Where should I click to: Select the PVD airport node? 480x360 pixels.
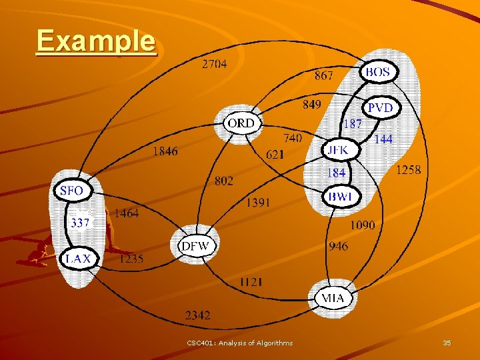click(381, 107)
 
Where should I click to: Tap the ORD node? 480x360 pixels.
click(241, 123)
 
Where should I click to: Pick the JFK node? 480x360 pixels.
click(338, 151)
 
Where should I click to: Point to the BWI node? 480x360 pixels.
click(341, 196)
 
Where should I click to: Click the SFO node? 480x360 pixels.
click(71, 191)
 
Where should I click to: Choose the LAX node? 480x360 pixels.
click(79, 259)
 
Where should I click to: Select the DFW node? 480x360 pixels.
click(195, 246)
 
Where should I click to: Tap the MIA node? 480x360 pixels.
click(333, 297)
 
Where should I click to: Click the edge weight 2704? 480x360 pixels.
click(214, 64)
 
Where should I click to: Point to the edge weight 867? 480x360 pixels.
click(324, 76)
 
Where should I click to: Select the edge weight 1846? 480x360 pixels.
click(165, 151)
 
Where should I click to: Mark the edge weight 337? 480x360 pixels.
click(80, 223)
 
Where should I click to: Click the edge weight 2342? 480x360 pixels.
click(197, 315)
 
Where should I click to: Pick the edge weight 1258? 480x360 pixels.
click(409, 170)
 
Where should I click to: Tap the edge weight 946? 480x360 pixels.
click(338, 246)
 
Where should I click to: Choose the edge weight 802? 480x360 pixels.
click(224, 180)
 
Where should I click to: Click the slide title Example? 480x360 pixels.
click(96, 41)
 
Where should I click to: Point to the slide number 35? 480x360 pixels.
click(447, 343)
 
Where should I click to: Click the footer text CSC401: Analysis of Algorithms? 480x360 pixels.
click(239, 343)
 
